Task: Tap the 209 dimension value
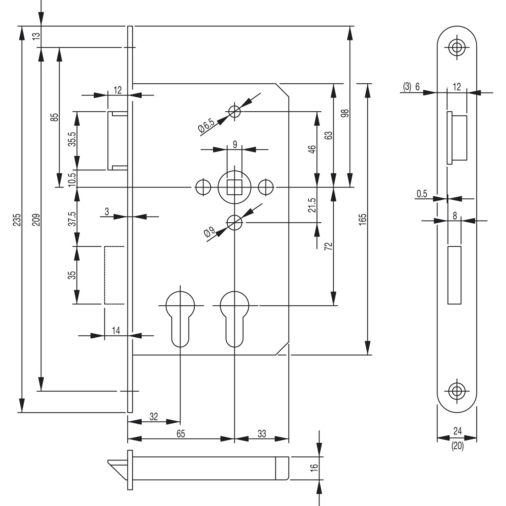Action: click(x=37, y=220)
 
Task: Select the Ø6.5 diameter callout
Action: click(x=207, y=125)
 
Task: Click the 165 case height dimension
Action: click(x=363, y=220)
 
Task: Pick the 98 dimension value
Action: click(x=345, y=113)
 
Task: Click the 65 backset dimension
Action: click(x=181, y=434)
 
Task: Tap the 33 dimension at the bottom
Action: click(x=262, y=434)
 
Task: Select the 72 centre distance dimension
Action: click(x=329, y=246)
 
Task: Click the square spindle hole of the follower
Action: click(x=234, y=187)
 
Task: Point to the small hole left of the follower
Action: click(x=203, y=187)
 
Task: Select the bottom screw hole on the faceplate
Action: click(x=457, y=391)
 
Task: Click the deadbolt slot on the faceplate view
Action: click(x=454, y=275)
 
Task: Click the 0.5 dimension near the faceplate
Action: click(x=422, y=194)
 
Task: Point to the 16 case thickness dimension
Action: click(x=314, y=468)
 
